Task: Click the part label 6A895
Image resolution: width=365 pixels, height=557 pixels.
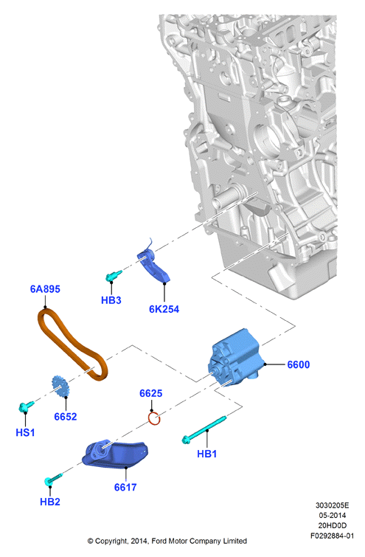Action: (45, 289)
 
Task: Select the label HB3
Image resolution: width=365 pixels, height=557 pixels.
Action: (111, 300)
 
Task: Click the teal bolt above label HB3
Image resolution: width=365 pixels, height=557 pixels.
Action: (114, 275)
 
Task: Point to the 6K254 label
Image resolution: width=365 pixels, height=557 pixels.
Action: (164, 309)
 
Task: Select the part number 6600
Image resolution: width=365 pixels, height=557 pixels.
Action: (298, 364)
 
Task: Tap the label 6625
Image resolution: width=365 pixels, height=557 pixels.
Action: (151, 393)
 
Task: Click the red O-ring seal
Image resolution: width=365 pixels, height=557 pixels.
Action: (150, 419)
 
